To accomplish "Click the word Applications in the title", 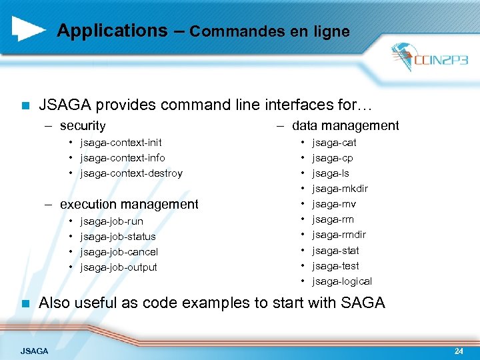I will click(x=112, y=31).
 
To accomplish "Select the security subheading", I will click(x=82, y=125).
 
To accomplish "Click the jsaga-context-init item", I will click(x=121, y=143).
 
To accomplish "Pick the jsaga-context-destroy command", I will click(x=131, y=173).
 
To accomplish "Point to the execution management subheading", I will click(x=129, y=204).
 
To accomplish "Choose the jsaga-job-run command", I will click(x=111, y=221).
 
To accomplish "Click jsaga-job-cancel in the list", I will click(x=119, y=252).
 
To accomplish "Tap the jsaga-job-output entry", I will click(x=119, y=267).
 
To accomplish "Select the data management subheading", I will click(x=345, y=125).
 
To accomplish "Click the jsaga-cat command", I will click(x=334, y=143).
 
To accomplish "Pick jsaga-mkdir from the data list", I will click(x=340, y=189).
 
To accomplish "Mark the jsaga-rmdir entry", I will click(x=339, y=235).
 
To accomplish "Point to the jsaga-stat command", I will click(x=335, y=251).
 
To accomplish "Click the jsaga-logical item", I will click(x=342, y=281).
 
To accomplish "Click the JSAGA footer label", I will click(x=34, y=351).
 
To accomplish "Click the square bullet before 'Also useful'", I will click(x=25, y=303).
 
